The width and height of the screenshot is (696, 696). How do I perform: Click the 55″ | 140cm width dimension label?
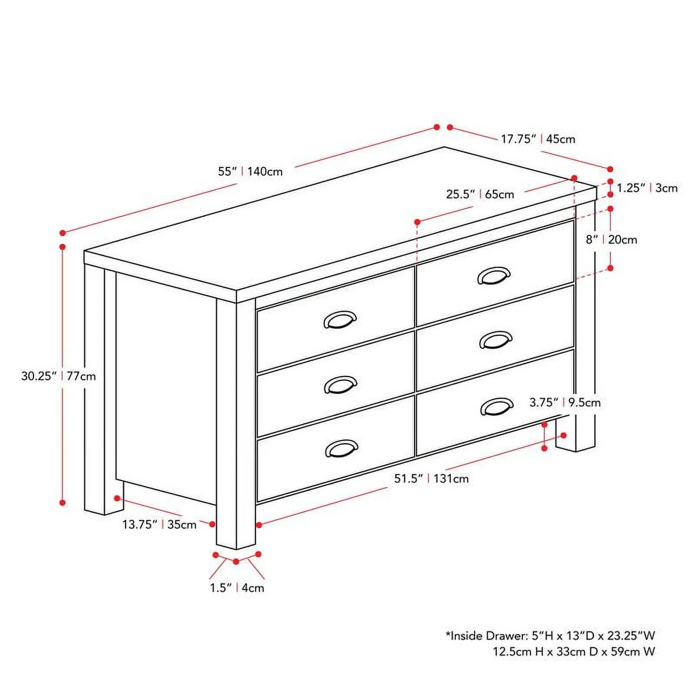coord(250,171)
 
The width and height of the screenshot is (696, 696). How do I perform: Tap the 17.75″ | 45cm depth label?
coord(538,139)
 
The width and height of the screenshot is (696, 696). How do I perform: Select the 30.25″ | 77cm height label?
coord(58,376)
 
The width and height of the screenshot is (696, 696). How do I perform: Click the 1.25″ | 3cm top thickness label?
coord(647,188)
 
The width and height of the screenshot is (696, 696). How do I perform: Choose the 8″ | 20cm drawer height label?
coord(611,240)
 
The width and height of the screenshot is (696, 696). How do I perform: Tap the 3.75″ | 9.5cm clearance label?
coord(565,402)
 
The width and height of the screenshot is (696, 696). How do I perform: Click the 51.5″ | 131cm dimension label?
coord(431,479)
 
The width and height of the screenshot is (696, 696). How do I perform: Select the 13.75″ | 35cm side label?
coord(159,525)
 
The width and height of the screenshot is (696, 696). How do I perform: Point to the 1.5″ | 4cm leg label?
coord(237,588)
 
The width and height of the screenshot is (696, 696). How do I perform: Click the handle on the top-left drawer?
coord(340,320)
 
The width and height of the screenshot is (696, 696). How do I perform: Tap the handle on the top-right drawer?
coord(494,276)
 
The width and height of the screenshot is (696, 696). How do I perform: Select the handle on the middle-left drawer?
coord(341,385)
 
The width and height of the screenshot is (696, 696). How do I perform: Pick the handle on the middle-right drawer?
coord(495,340)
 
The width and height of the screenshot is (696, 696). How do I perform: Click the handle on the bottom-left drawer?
coord(341,448)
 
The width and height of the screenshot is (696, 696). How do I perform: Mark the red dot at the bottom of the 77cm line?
coord(63,502)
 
